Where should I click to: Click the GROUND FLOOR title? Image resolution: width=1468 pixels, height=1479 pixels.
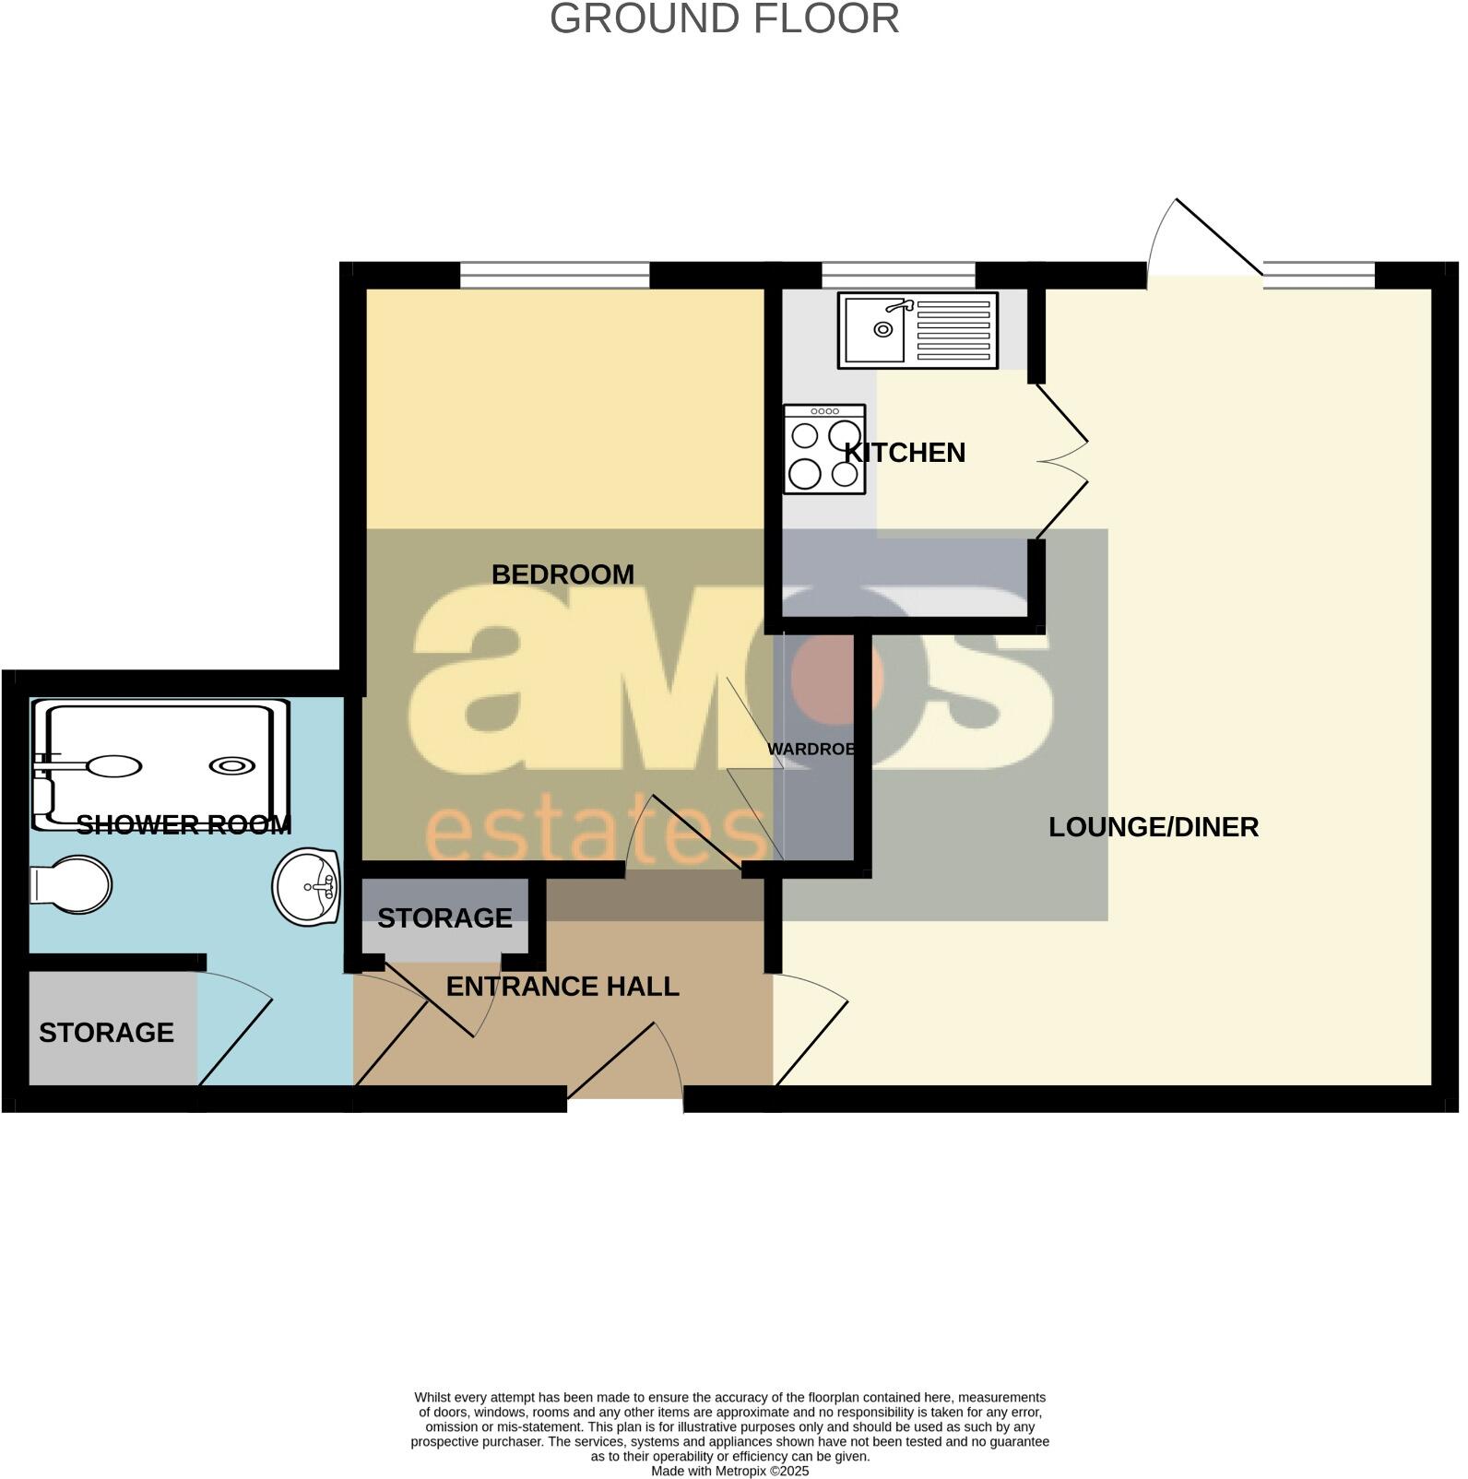pos(724,19)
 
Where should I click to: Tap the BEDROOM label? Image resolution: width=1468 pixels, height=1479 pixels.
pos(562,574)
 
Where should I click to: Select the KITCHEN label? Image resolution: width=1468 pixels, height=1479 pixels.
pos(905,453)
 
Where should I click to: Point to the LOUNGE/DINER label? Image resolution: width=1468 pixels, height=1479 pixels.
pos(1153,827)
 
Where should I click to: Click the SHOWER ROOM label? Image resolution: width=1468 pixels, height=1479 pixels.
pos(183,825)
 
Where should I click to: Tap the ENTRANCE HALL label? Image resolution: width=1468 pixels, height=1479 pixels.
pos(562,987)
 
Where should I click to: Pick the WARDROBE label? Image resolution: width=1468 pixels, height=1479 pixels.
pos(812,750)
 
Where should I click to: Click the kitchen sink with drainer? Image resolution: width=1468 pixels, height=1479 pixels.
pos(917,330)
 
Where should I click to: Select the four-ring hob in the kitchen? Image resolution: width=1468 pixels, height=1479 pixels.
pos(824,448)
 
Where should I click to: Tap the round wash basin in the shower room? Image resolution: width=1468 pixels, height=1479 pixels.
pos(307,886)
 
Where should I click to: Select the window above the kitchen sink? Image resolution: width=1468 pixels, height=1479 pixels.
pos(897,275)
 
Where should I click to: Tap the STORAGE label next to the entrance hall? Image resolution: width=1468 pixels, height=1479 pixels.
pos(444,918)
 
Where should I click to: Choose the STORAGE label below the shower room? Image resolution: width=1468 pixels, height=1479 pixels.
pos(106,1032)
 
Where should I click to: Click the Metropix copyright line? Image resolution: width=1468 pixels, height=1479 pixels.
pos(729,1472)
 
